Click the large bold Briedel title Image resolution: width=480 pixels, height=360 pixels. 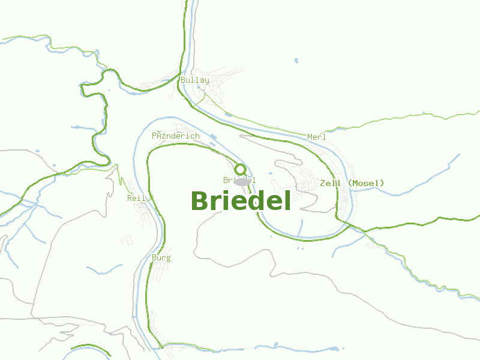coord(241,201)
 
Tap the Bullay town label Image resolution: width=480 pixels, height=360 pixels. coord(195,80)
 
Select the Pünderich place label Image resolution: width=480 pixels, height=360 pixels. coord(175,136)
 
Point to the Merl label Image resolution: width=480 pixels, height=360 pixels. coord(316,137)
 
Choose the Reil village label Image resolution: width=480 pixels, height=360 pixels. coord(137,197)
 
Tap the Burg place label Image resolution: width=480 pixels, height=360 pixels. coord(161,258)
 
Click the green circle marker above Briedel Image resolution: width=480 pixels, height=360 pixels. coord(240,169)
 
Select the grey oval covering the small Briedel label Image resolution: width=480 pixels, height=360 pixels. coord(242,181)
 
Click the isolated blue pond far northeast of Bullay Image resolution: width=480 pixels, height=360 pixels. coord(296,60)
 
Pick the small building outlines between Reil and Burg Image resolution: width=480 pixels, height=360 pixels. coord(127,240)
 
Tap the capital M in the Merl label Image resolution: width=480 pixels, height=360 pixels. coord(310,137)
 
